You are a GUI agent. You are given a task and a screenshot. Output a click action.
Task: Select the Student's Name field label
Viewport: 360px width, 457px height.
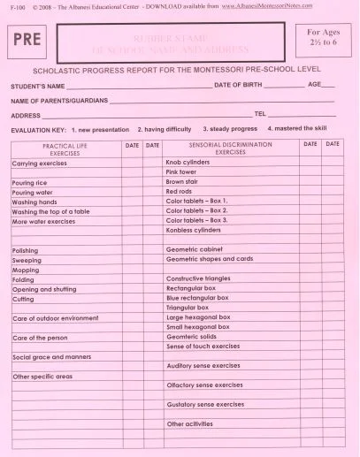38,86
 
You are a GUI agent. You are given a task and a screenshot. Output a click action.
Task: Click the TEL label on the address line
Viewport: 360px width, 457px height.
260,115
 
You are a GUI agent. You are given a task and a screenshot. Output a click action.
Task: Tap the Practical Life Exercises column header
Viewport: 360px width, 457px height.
65,149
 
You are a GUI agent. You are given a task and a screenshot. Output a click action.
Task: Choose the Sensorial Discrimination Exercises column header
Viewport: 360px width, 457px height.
218,149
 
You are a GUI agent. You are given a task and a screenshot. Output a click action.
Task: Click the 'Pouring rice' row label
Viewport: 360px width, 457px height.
30,183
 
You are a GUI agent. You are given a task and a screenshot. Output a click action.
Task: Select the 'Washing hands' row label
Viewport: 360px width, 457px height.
34,202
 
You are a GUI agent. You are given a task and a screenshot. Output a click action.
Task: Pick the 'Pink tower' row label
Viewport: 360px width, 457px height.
181,172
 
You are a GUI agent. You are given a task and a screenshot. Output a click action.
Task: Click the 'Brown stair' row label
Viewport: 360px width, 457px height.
182,182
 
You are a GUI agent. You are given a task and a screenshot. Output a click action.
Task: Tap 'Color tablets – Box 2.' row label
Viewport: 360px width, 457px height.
197,211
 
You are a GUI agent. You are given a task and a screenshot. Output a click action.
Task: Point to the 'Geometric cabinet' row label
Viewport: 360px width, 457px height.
195,250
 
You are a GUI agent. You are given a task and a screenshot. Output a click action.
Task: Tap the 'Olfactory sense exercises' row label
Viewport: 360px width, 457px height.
204,385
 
